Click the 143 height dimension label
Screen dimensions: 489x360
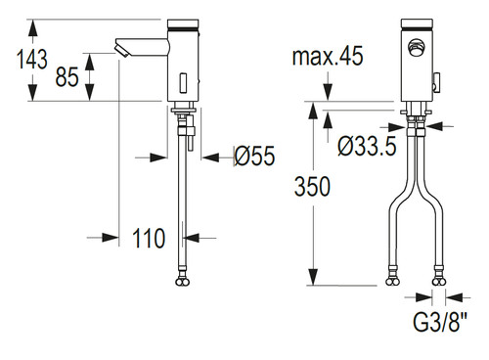(x=32, y=59)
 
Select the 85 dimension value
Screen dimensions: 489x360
(x=67, y=77)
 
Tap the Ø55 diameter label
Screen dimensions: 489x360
(x=254, y=156)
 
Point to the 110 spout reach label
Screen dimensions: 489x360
(x=149, y=238)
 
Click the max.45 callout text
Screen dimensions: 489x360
(x=328, y=56)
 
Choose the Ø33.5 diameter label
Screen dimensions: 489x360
(x=367, y=146)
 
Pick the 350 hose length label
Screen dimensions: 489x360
(x=312, y=187)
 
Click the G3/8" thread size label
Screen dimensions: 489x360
(x=440, y=322)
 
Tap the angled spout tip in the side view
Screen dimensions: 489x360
(x=121, y=48)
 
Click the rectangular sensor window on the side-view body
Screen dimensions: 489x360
(x=183, y=82)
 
